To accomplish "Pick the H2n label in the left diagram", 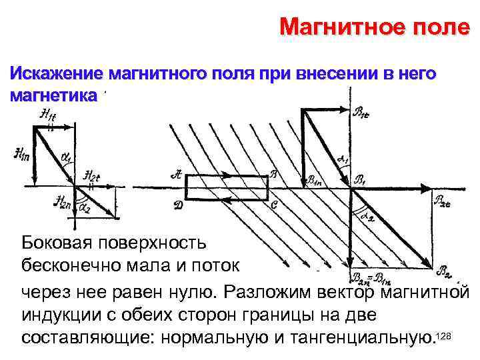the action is click(x=63, y=202).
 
